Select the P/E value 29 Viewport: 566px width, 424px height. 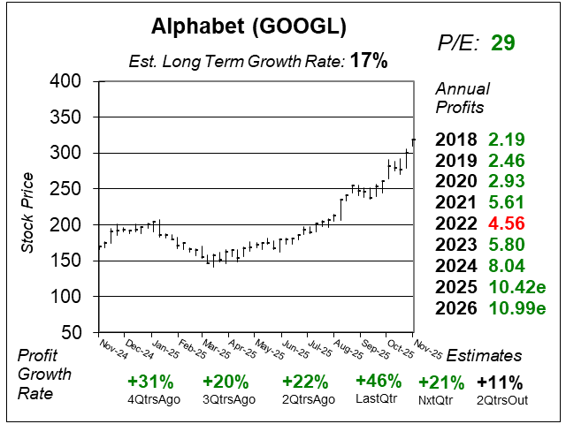coord(502,43)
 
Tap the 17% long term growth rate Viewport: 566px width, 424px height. coord(368,62)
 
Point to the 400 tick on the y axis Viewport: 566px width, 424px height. coord(70,81)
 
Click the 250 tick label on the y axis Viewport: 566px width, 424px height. coord(70,189)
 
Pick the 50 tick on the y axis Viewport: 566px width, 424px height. coord(76,333)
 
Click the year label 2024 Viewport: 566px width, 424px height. coord(456,267)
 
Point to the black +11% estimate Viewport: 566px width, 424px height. coord(499,382)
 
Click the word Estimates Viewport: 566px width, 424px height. coord(484,355)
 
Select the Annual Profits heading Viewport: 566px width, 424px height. coord(460,98)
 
